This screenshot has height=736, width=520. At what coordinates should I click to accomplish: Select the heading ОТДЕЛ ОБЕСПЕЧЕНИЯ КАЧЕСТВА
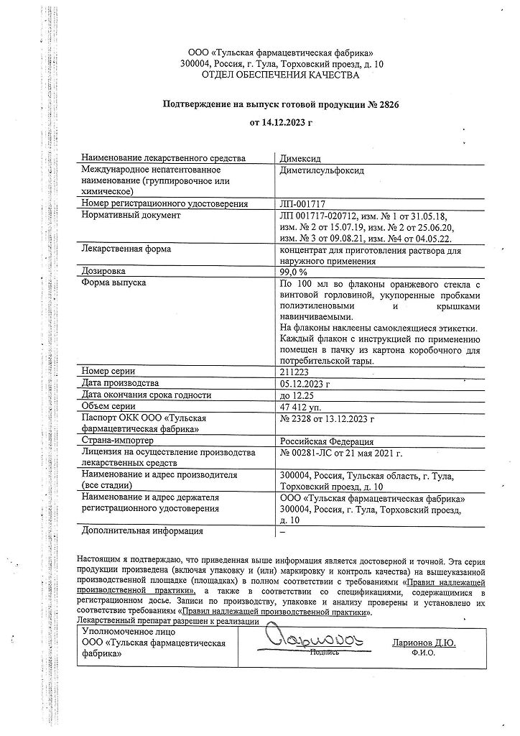[x=285, y=75]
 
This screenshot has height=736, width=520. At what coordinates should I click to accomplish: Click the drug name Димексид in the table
[x=302, y=158]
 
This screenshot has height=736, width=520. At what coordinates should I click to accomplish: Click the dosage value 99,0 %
[x=293, y=272]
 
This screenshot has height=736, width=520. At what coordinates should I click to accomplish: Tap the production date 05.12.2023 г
[x=305, y=383]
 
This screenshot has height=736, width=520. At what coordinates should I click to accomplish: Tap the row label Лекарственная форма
[x=126, y=249]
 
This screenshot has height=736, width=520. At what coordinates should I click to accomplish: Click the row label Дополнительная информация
[x=142, y=531]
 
